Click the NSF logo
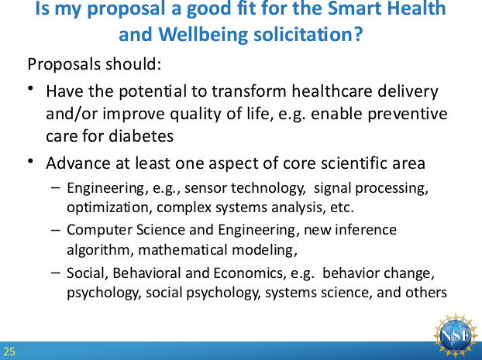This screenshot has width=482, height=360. (456, 335)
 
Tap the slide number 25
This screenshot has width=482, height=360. (9, 351)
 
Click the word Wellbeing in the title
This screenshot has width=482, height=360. (203, 34)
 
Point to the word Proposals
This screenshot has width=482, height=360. (64, 64)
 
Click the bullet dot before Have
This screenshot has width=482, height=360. (30, 88)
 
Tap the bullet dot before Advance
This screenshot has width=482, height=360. (30, 161)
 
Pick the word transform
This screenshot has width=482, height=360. (249, 91)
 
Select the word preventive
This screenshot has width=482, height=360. (408, 114)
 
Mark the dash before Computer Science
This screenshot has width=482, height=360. (56, 230)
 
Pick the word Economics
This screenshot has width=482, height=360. (250, 273)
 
